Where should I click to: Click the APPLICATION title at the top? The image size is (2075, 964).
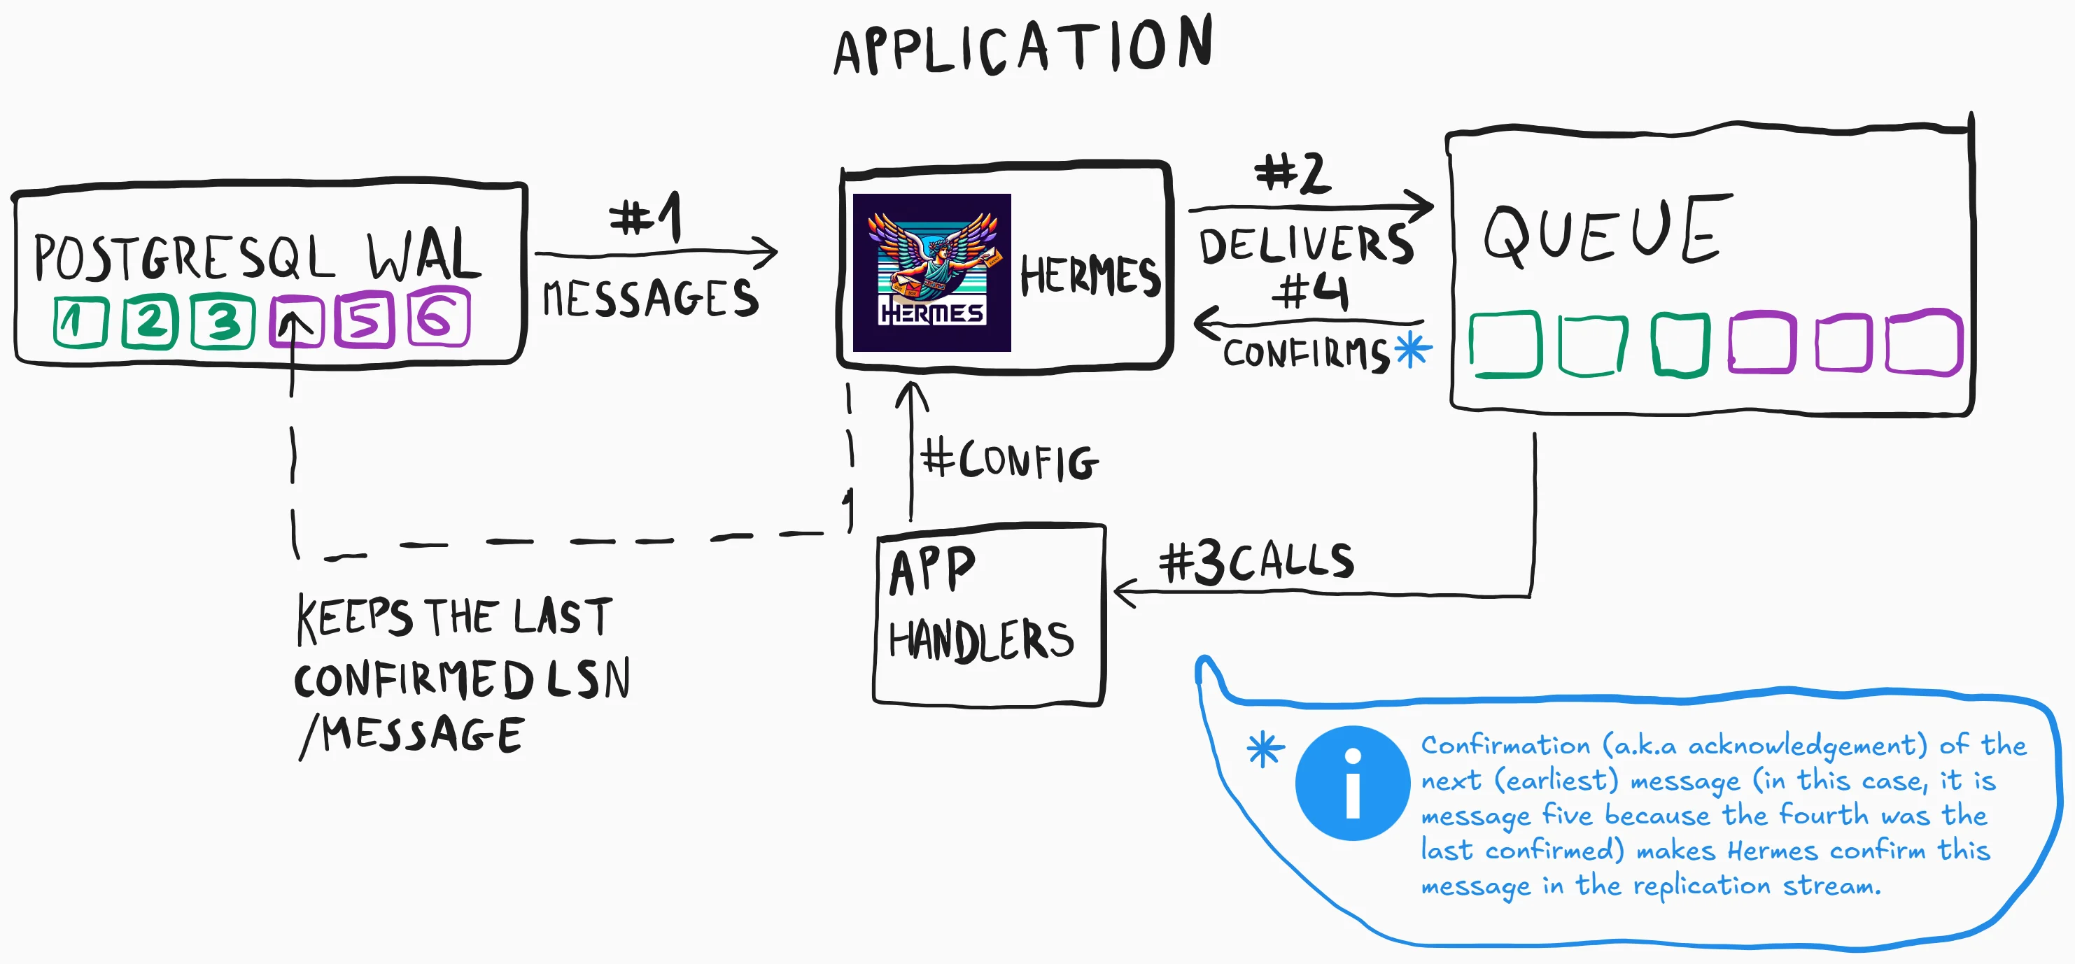pyautogui.click(x=1023, y=46)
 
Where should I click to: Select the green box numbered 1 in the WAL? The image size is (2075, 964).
pyautogui.click(x=80, y=322)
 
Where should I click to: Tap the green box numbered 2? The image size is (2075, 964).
pyautogui.click(x=150, y=321)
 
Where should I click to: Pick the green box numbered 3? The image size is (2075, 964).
pyautogui.click(x=223, y=321)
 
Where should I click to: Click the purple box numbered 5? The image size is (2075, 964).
pyautogui.click(x=365, y=320)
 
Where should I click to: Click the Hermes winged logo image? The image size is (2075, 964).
pyautogui.click(x=931, y=272)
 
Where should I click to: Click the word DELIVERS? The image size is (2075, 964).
pyautogui.click(x=1306, y=245)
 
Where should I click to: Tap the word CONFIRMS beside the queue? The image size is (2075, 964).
pyautogui.click(x=1306, y=353)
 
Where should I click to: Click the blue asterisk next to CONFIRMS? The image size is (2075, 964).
pyautogui.click(x=1413, y=350)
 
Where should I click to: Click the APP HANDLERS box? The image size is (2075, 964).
pyautogui.click(x=989, y=616)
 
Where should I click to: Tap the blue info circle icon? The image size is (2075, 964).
pyautogui.click(x=1353, y=783)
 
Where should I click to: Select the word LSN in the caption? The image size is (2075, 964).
pyautogui.click(x=589, y=679)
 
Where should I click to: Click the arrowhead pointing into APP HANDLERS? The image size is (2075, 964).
pyautogui.click(x=1122, y=593)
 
